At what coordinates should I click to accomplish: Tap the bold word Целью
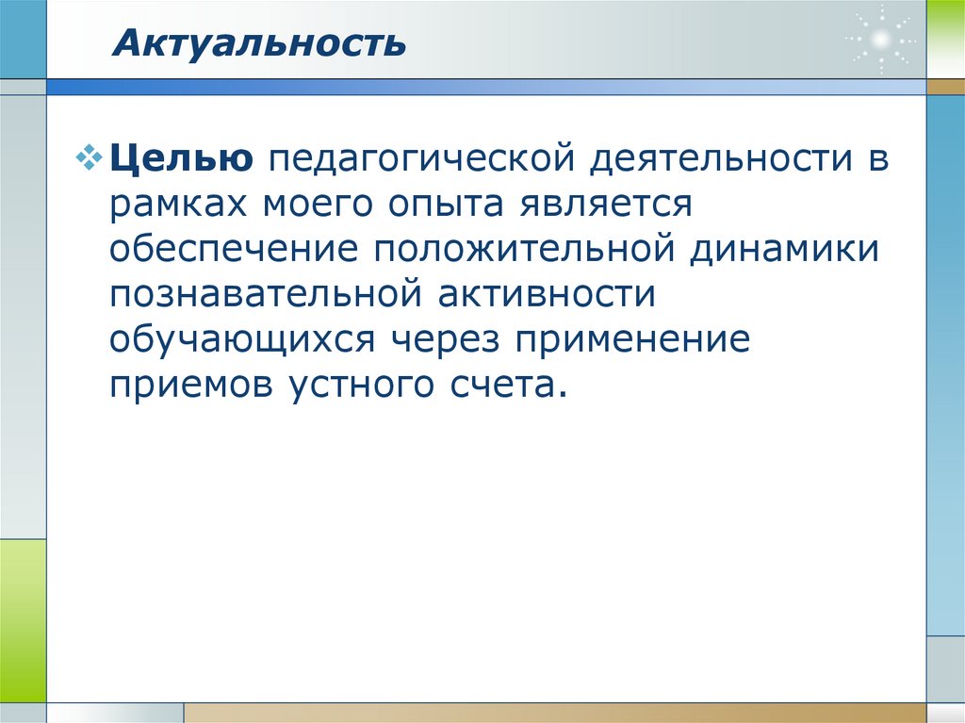click(179, 157)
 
